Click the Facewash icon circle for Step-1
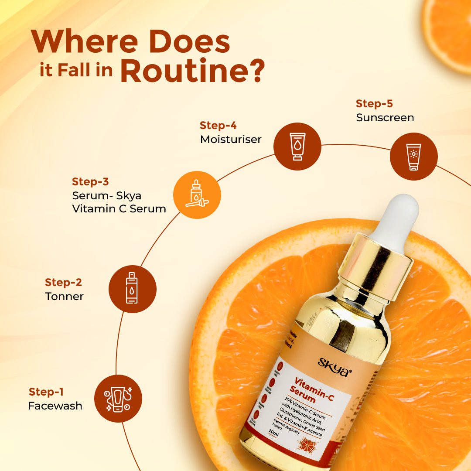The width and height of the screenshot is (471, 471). tap(118, 398)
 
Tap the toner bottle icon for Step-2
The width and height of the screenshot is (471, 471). tap(132, 289)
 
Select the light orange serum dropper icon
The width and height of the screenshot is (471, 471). tap(197, 195)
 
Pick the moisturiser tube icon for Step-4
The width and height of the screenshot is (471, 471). tap(297, 146)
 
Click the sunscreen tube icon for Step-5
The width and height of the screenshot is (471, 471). tap(413, 156)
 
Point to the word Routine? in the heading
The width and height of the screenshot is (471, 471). tap(192, 72)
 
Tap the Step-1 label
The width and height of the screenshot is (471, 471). tap(46, 392)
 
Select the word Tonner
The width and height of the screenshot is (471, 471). tap(64, 297)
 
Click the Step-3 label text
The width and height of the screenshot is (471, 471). tap(90, 181)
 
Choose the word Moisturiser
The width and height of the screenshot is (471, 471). tap(231, 139)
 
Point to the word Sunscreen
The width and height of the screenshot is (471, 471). tap(385, 117)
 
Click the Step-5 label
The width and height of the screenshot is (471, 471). tap(374, 104)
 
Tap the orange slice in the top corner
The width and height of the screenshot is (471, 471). tap(449, 31)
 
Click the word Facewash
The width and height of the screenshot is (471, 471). tap(55, 406)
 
